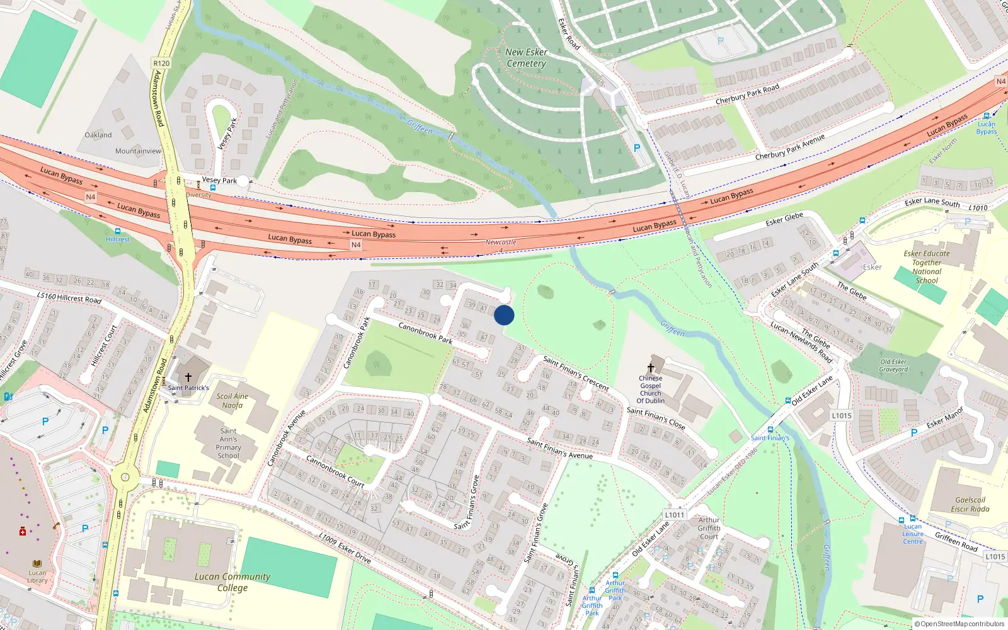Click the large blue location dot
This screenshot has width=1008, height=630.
tap(504, 315)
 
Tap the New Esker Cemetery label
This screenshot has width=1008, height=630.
tap(527, 58)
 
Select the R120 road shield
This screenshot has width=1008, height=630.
tap(161, 63)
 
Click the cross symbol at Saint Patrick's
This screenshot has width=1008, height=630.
tap(188, 377)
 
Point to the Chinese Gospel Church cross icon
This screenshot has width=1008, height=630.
tap(651, 368)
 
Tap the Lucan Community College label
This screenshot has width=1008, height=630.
tap(232, 582)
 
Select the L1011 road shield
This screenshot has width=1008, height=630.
tap(675, 515)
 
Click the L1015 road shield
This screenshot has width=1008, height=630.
tap(842, 415)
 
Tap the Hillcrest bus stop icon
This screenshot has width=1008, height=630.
tap(117, 231)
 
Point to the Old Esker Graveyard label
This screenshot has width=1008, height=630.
tap(893, 365)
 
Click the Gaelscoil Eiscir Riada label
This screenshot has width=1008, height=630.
tap(970, 505)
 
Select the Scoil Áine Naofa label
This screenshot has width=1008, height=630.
tap(232, 401)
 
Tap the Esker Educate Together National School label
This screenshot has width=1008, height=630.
tap(927, 267)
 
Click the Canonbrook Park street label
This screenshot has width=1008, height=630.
tap(425, 333)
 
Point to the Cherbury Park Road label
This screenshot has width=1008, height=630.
tap(747, 94)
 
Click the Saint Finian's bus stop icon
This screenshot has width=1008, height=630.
tap(770, 430)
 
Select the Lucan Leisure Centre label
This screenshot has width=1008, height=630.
tap(913, 534)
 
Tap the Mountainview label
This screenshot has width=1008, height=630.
tap(138, 151)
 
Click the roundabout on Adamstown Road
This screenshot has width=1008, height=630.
tap(125, 478)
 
